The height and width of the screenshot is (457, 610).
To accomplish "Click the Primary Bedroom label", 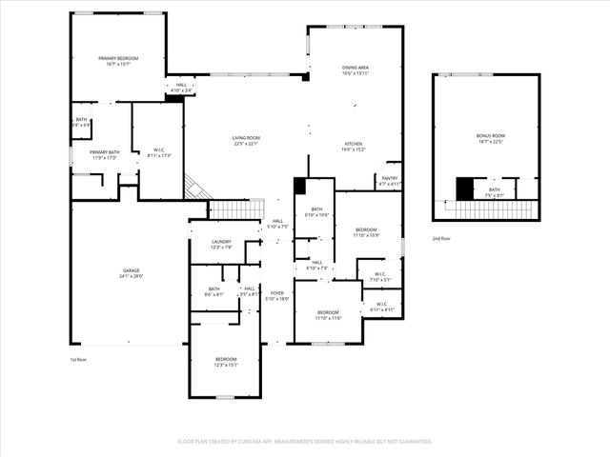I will coord(119,59).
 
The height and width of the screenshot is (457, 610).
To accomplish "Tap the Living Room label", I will coord(246,138).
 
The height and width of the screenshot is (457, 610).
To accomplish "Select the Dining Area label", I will coord(355,68).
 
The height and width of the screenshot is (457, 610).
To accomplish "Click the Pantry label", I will coord(390,178).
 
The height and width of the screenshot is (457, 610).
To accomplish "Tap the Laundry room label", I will coord(221,242).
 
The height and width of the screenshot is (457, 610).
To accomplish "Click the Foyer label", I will coord(276,293).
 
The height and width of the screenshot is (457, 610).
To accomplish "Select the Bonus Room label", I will coord(491,136).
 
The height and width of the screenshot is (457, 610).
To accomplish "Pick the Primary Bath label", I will coord(105,152).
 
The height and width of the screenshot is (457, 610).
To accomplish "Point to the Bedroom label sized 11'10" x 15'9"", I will coord(367,230).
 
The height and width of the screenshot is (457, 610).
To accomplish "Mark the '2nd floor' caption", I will coord(441,238).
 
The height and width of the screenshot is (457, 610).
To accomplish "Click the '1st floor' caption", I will coord(79,360).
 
